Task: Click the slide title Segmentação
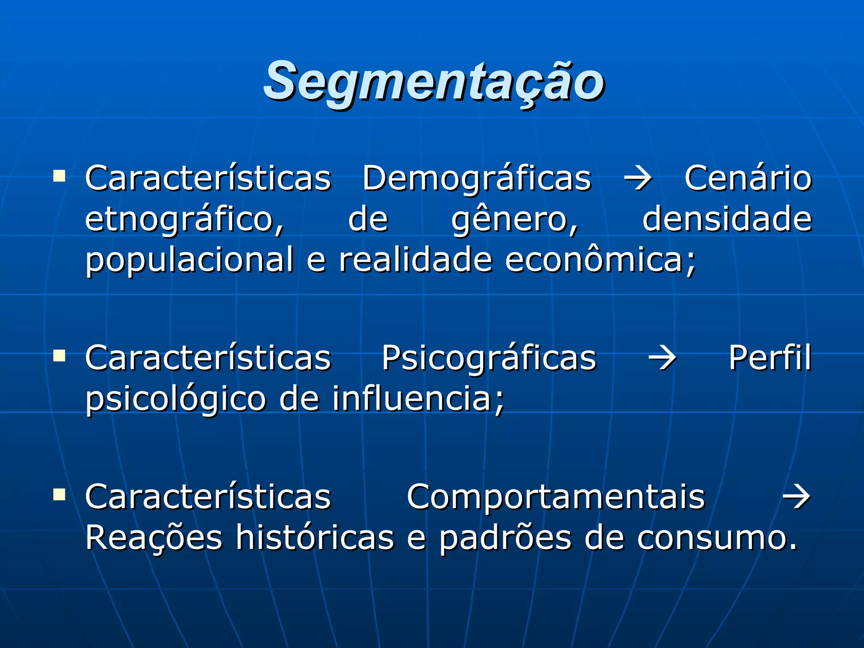[434, 81]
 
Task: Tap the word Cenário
[748, 178]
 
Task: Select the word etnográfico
[184, 220]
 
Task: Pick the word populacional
[189, 260]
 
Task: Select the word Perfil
[770, 358]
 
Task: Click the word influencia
[417, 399]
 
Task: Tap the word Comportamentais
[556, 497]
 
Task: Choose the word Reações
[154, 538]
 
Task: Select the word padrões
[505, 538]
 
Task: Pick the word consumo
[717, 538]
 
